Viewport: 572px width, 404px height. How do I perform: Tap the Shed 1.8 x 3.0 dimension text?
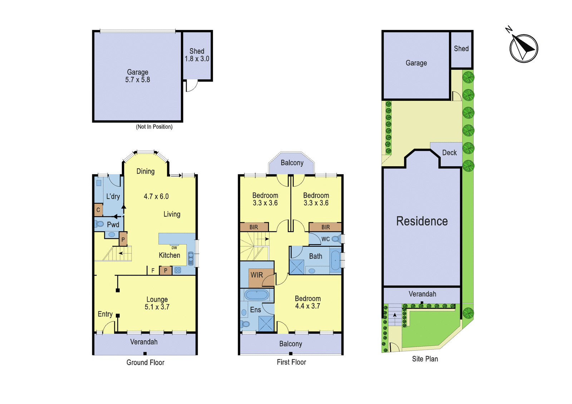[197, 59]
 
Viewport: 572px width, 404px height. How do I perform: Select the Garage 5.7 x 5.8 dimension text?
[138, 80]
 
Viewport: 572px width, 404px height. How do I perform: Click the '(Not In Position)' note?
[154, 127]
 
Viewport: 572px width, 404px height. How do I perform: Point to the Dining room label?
[146, 171]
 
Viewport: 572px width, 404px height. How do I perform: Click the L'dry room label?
[113, 196]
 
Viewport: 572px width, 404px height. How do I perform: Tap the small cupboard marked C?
[98, 210]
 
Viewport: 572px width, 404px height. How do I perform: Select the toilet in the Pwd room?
[99, 224]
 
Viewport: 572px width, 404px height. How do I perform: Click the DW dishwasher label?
[174, 248]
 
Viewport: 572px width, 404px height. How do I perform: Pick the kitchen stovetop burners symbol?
[177, 270]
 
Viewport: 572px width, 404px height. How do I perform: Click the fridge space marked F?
[153, 270]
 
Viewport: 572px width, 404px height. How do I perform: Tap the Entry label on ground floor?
[105, 314]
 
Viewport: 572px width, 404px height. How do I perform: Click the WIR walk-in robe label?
[257, 275]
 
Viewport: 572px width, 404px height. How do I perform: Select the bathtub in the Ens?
[257, 295]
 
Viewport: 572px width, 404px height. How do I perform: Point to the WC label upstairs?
[325, 239]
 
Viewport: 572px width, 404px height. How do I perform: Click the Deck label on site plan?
[449, 153]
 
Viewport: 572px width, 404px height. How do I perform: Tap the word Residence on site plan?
[422, 221]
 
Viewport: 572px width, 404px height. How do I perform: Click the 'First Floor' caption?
[291, 362]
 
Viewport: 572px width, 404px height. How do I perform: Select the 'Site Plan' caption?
[425, 359]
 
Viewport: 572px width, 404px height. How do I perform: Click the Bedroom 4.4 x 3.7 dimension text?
[308, 306]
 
